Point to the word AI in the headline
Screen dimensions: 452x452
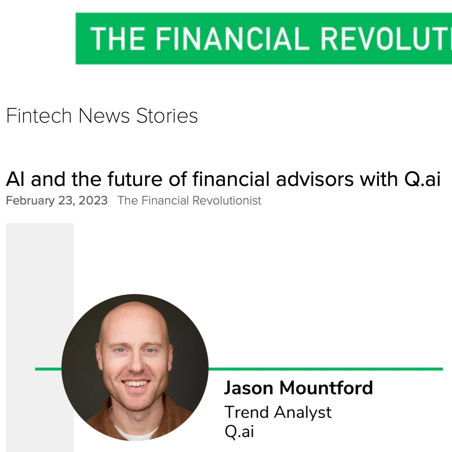(15, 179)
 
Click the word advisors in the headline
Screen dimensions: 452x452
(315, 179)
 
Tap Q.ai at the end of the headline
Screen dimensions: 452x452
(422, 179)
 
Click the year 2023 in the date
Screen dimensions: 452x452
(93, 201)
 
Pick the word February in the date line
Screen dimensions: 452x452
(30, 201)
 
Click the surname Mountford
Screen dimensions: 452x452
(326, 388)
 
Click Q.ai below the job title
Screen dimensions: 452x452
(239, 431)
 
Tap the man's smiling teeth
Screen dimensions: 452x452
(136, 383)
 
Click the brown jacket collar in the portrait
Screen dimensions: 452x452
(102, 419)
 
